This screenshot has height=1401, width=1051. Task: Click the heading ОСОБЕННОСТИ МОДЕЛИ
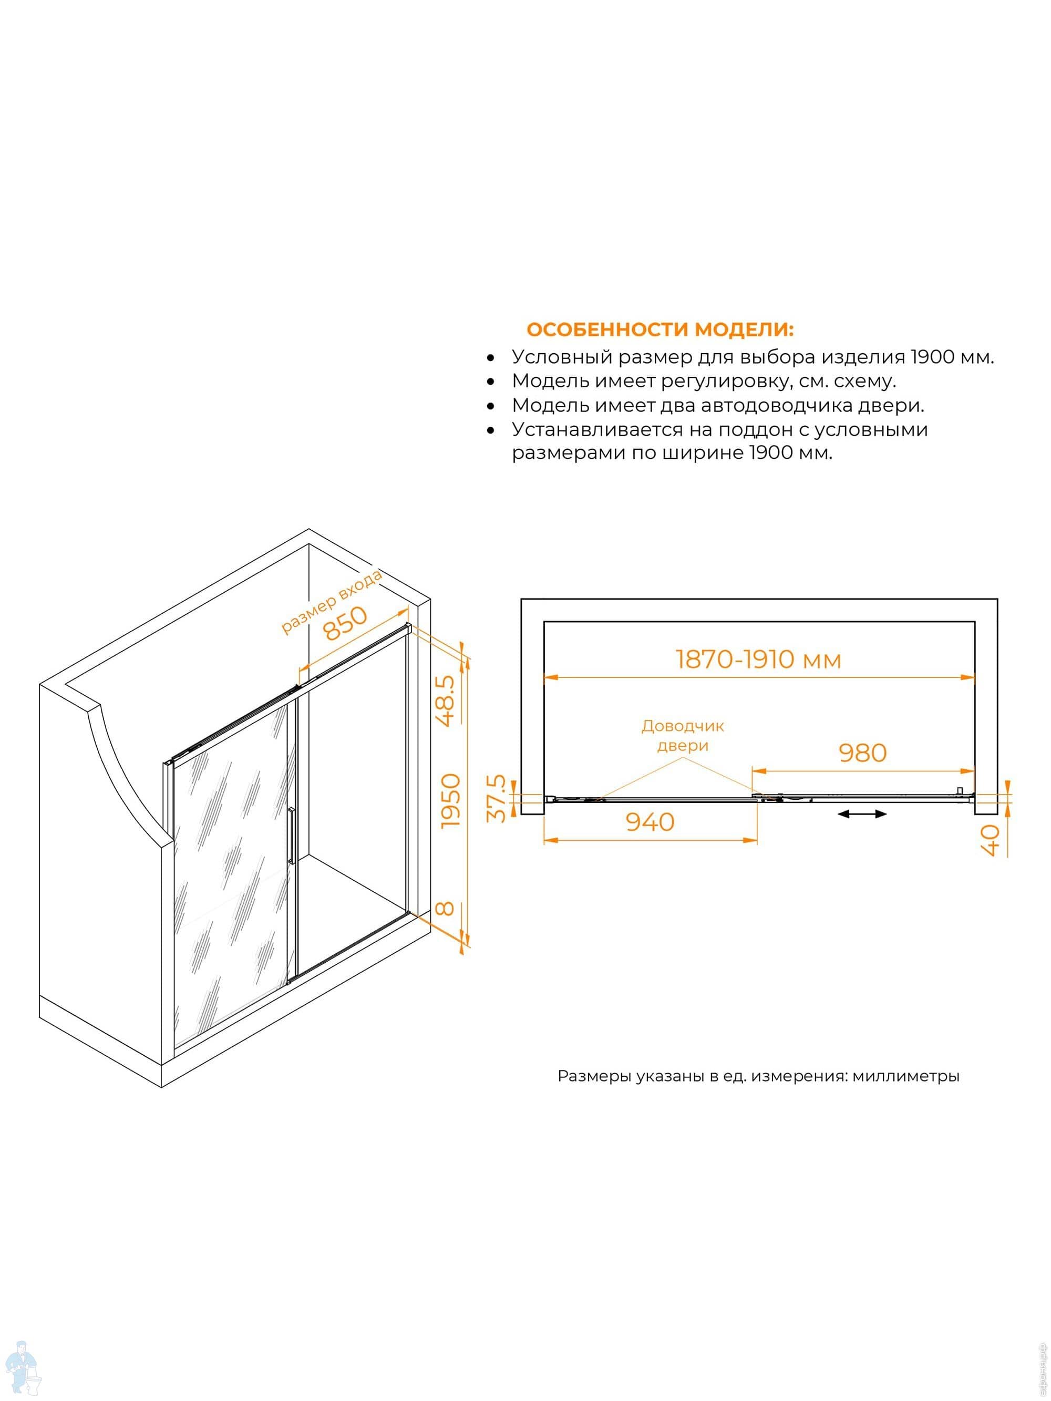point(660,330)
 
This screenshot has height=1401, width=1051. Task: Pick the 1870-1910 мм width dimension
point(758,660)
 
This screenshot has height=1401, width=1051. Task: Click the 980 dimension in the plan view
point(862,753)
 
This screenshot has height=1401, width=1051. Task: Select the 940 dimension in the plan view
point(650,822)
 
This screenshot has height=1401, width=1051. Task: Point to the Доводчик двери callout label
point(682,735)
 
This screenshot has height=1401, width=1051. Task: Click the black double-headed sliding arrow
point(862,814)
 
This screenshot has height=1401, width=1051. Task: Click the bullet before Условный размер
point(490,358)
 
